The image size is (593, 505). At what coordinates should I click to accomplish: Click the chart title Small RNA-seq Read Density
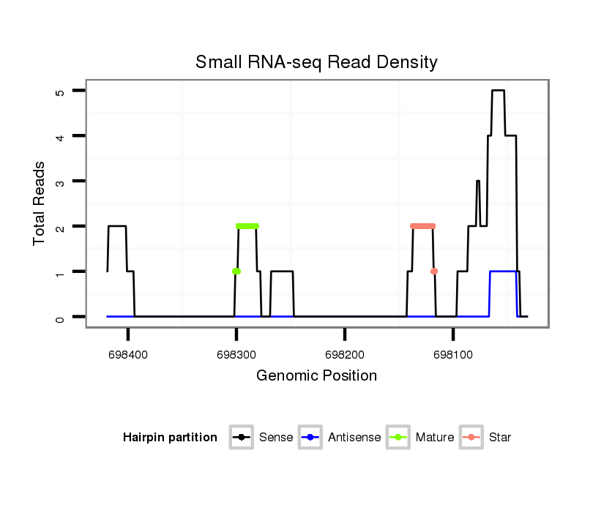click(316, 62)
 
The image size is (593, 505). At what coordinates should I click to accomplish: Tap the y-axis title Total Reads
click(40, 203)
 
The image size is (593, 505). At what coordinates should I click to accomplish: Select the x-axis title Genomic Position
click(316, 376)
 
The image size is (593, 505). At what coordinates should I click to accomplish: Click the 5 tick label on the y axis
click(61, 91)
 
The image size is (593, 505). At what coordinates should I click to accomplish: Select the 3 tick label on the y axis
click(61, 182)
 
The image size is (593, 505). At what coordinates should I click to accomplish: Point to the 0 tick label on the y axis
click(61, 317)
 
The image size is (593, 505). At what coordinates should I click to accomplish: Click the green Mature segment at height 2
click(247, 226)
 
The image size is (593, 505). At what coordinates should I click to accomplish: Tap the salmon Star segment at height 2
click(422, 226)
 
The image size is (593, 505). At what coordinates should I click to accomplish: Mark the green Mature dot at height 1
click(236, 272)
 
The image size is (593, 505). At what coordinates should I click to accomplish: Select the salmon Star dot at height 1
click(434, 272)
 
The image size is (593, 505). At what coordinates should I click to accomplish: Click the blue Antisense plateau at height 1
click(504, 272)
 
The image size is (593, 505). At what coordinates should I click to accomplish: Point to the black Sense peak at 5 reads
click(498, 91)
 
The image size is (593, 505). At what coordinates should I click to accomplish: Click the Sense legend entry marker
click(241, 438)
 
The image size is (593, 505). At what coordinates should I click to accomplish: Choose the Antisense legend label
click(354, 438)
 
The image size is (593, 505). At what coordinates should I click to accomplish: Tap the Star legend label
click(499, 438)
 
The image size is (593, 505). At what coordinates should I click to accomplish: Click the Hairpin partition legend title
click(170, 438)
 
